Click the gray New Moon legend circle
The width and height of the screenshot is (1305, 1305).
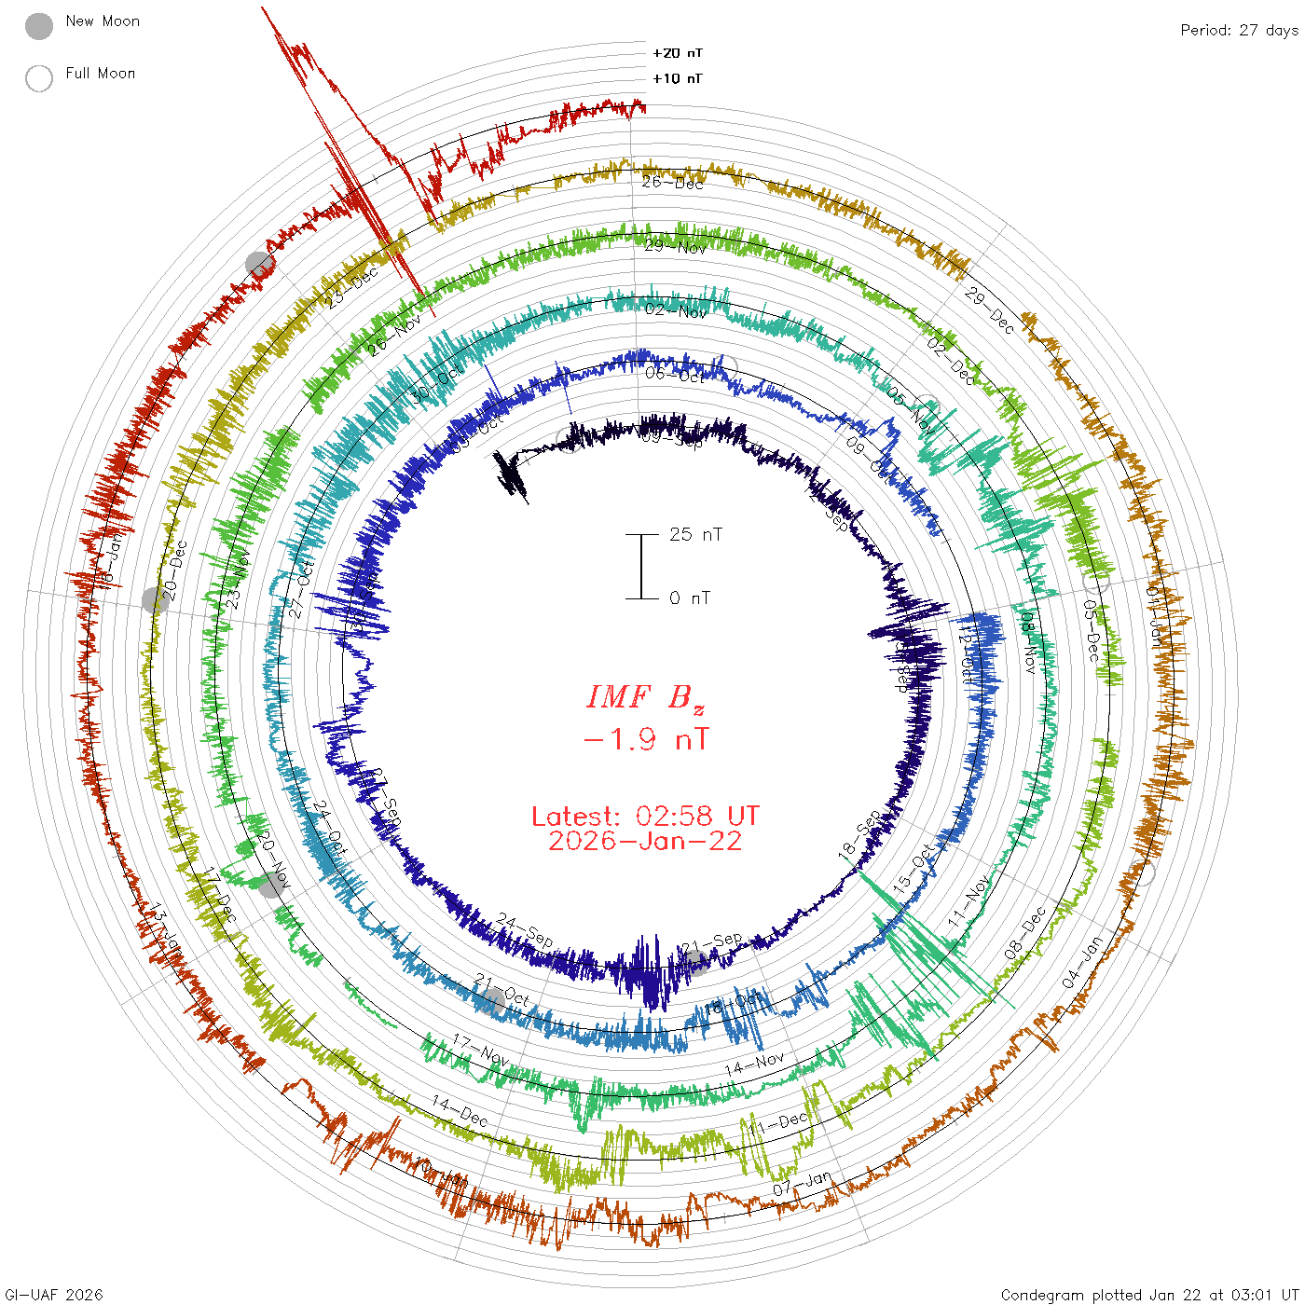pos(39,27)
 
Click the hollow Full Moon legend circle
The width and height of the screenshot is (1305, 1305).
pos(39,78)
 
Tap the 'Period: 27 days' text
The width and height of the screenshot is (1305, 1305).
pos(1239,30)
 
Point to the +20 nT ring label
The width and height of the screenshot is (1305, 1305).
pos(678,53)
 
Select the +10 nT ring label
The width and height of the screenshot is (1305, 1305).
pos(678,78)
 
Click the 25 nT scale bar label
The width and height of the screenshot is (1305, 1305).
pos(695,534)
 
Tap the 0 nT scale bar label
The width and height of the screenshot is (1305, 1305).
pos(690,598)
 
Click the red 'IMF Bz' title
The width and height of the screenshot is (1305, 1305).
pos(645,697)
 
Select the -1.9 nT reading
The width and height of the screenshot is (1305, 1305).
pos(645,740)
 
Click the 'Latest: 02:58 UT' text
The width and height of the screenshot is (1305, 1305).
pos(645,817)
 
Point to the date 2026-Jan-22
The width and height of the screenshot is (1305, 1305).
pos(645,841)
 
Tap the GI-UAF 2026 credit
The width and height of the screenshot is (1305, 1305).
pos(54,1295)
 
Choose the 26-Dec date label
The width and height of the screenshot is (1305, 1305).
pos(672,182)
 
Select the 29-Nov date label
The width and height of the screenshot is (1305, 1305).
pos(676,246)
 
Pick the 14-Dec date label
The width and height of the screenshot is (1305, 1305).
pos(459,1110)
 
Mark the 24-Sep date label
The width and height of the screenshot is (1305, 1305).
pos(525,928)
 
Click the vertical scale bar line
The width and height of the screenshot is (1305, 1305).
pos(641,566)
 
